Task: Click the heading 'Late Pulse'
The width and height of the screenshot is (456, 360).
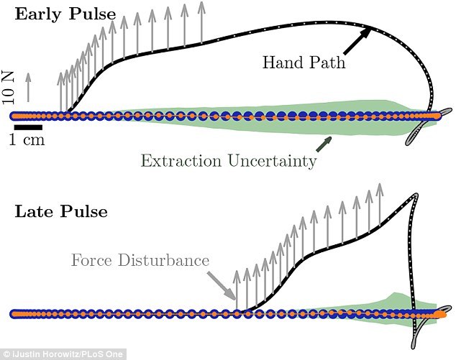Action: click(x=60, y=212)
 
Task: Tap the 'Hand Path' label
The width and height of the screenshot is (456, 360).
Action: click(x=303, y=63)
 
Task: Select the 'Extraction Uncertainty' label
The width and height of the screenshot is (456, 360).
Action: click(x=228, y=160)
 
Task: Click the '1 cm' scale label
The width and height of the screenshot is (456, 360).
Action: click(x=27, y=140)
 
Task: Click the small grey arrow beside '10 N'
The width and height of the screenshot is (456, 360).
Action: click(x=28, y=86)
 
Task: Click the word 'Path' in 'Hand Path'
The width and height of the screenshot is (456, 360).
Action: click(x=327, y=63)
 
